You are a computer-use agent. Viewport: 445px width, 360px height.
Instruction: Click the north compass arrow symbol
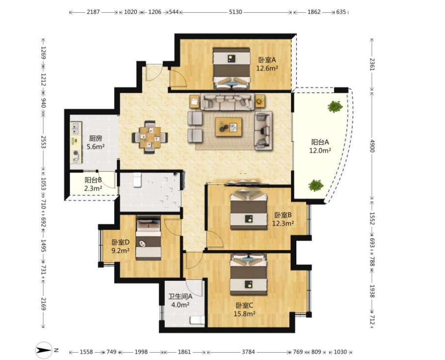coord(44,350)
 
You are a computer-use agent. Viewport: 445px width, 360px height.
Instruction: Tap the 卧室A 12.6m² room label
coord(267,64)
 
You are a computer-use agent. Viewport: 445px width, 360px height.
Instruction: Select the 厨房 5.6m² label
coord(95,142)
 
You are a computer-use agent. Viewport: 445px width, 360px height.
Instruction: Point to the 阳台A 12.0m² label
coord(320,146)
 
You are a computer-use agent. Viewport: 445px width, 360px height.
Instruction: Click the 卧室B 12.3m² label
coord(283,219)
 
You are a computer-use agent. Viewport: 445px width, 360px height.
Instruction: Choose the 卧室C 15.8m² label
coord(244,309)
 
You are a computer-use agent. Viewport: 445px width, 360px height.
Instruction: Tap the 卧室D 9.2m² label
coord(120,247)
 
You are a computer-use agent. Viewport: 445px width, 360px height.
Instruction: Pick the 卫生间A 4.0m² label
coord(180,301)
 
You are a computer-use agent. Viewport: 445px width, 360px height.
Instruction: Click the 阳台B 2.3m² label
coord(93,184)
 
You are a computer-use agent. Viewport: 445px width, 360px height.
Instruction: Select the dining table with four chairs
coord(150,138)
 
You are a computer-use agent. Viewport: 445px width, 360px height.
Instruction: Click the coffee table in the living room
coord(229,127)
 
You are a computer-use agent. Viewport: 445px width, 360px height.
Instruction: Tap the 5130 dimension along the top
coord(236,12)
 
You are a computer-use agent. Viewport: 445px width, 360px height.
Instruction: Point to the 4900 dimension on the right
coord(372,146)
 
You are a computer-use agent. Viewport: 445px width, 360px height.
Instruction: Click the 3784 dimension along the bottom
coord(248,352)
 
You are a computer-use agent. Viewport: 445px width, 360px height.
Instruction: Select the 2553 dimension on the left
coord(44,142)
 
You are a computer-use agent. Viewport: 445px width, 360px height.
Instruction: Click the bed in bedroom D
coord(149,238)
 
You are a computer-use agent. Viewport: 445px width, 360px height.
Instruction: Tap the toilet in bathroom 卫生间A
coord(197,320)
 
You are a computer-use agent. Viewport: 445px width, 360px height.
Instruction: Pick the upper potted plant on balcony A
coord(335,107)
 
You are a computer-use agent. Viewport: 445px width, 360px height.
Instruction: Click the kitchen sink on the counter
coord(76,129)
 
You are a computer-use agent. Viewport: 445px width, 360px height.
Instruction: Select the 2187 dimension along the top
coord(93,12)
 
